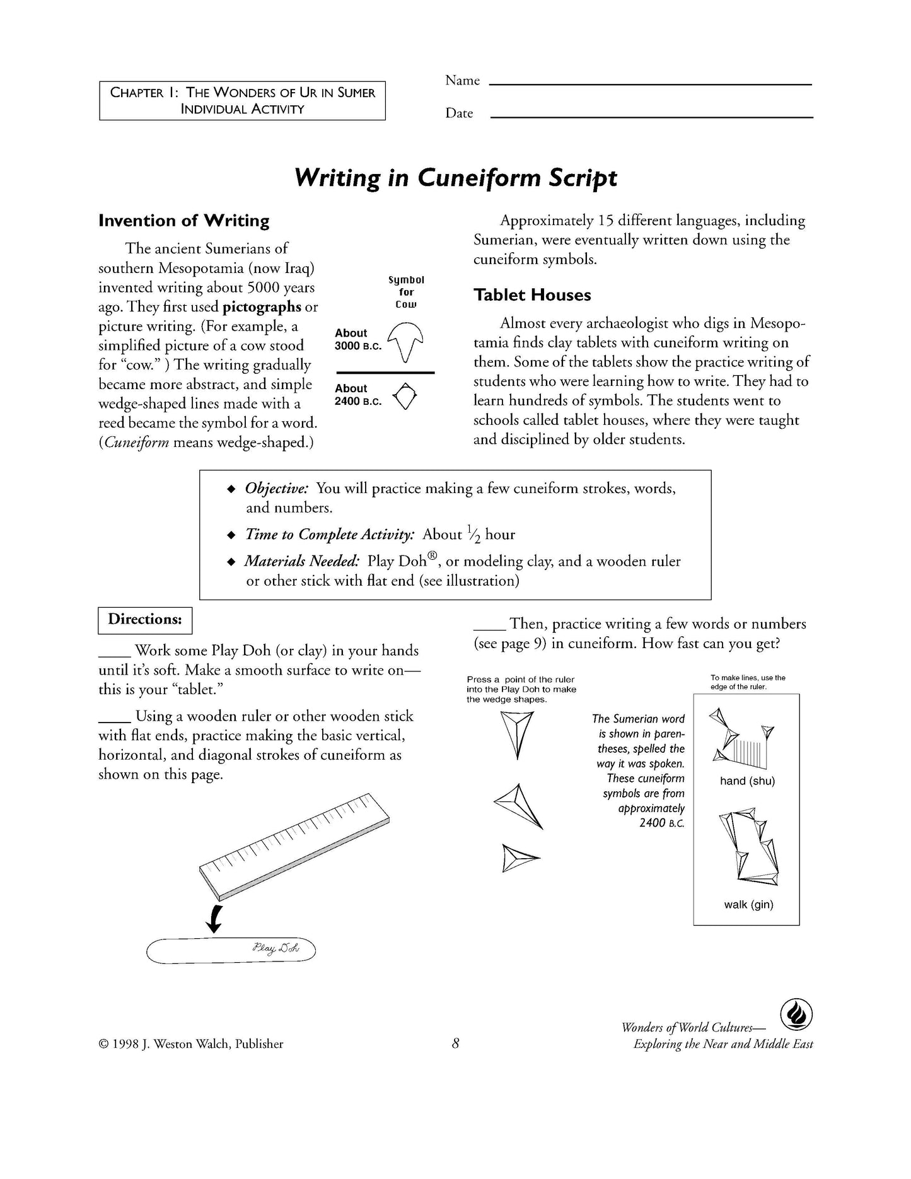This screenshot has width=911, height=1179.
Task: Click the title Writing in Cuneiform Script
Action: coord(455,178)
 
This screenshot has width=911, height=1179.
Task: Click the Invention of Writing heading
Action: coord(183,221)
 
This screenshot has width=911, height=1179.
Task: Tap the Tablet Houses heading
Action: coord(532,295)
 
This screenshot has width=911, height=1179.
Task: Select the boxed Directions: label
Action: coord(145,620)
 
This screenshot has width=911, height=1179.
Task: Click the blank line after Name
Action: coord(651,83)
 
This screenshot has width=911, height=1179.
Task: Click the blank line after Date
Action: coord(651,116)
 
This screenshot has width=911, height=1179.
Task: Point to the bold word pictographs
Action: coord(262,307)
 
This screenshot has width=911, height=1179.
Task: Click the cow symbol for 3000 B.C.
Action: coord(405,341)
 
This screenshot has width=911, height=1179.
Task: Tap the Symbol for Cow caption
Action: coord(407,292)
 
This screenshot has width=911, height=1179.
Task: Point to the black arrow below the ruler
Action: coord(214,919)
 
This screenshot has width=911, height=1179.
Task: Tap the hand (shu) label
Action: coord(747,781)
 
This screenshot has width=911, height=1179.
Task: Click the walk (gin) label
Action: coord(748,905)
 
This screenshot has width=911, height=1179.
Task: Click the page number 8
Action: coord(455,1044)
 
